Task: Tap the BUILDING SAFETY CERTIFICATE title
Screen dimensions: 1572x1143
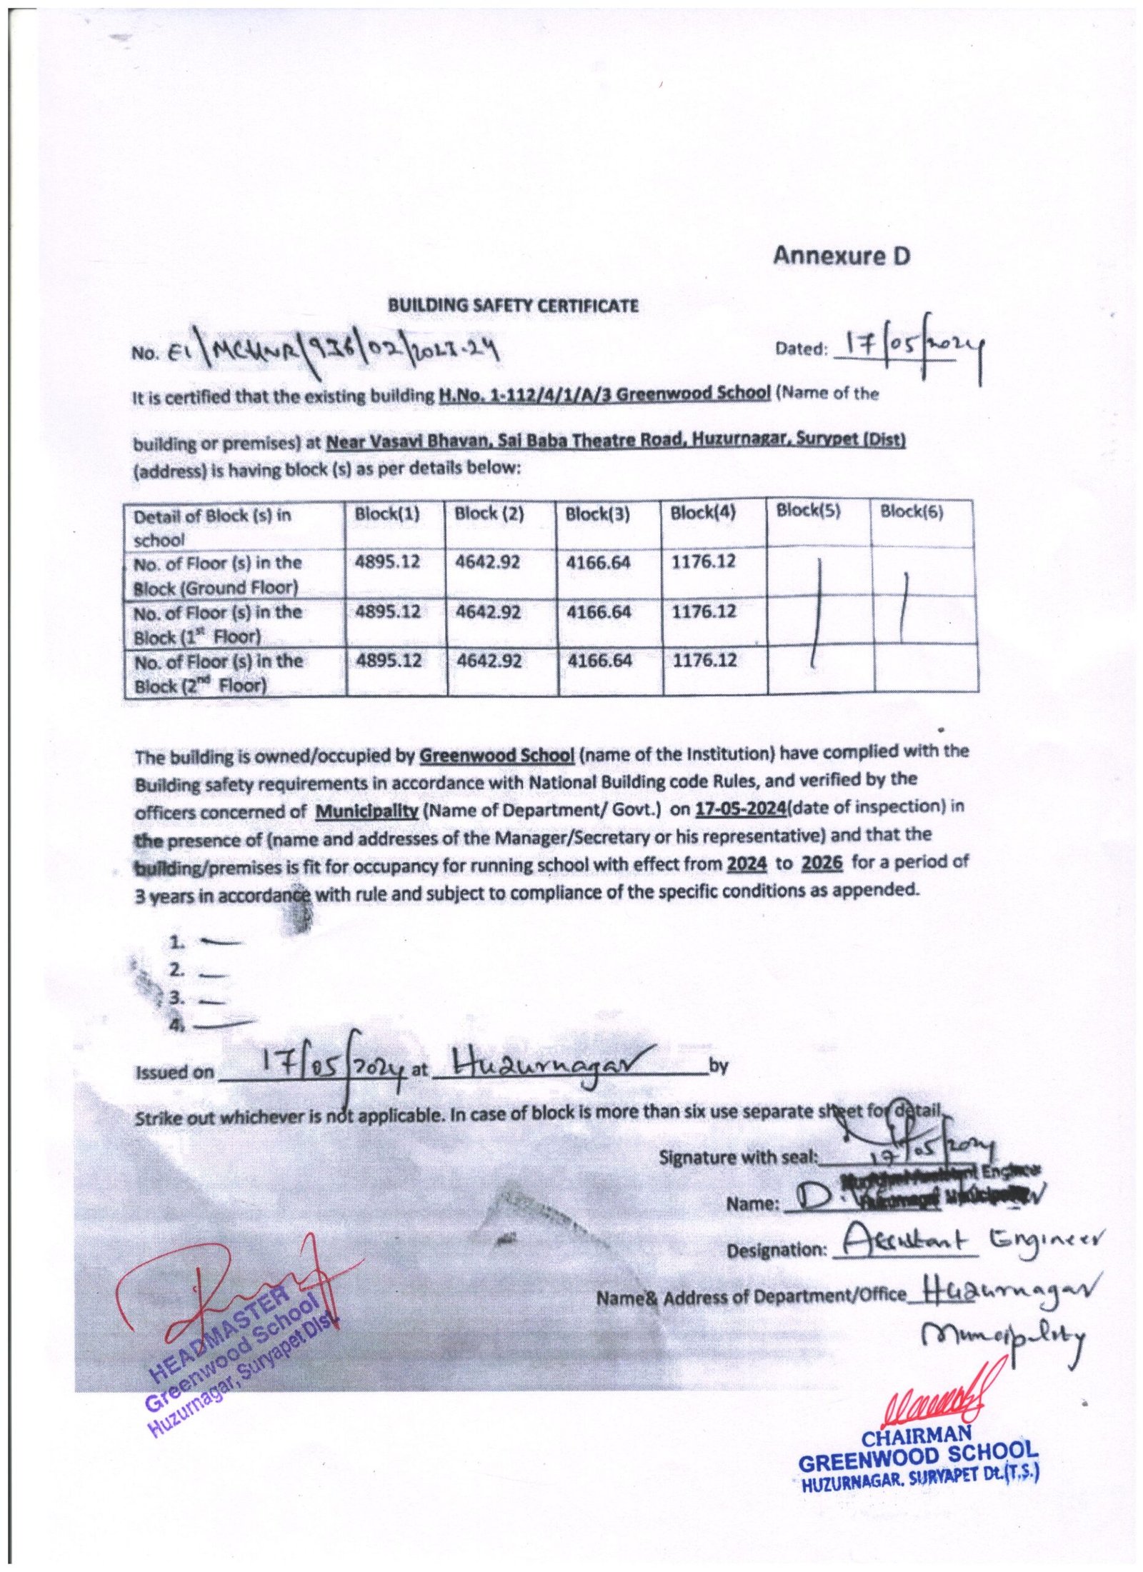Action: click(x=512, y=306)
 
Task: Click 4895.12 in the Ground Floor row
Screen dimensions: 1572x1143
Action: click(x=388, y=563)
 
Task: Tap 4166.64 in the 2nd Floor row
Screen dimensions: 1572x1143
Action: click(x=599, y=661)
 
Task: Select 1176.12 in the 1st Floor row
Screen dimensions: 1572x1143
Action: click(x=703, y=612)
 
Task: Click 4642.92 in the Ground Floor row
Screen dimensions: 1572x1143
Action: click(x=488, y=563)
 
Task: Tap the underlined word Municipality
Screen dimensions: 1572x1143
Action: click(x=367, y=812)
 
